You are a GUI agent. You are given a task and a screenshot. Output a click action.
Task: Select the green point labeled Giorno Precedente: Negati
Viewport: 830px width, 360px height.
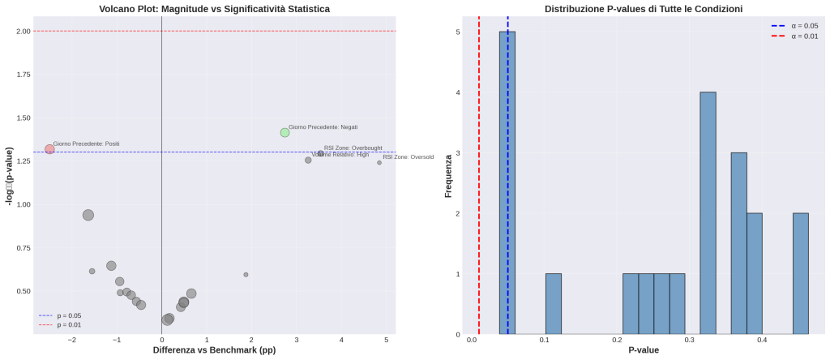285,132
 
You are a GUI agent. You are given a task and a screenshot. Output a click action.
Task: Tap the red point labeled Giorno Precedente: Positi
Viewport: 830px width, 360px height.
49,149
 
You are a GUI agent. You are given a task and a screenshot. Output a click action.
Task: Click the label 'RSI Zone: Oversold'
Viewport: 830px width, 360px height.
408,157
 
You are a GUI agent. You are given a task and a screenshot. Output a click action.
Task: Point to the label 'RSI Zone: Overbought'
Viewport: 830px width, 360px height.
353,148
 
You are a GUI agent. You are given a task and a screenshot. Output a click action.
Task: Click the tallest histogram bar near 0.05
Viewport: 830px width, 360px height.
507,182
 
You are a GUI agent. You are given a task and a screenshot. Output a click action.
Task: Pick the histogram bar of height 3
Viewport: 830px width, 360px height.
738,242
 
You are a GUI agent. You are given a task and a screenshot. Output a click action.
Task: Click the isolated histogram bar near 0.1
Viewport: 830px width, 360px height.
554,303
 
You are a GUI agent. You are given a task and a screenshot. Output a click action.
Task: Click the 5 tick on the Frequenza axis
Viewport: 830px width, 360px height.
457,32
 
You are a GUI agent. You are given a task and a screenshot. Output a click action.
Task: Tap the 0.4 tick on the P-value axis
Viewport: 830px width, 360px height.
762,341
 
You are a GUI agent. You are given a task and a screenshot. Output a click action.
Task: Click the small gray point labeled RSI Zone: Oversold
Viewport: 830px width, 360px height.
379,162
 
